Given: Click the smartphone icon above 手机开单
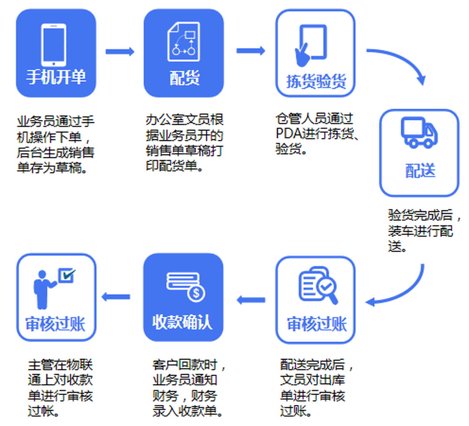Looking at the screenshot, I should click(x=54, y=45).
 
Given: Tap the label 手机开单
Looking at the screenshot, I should click(x=56, y=77).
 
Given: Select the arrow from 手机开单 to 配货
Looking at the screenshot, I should click(x=119, y=51).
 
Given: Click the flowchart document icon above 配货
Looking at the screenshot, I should click(x=184, y=42).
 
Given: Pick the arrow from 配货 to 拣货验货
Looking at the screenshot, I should click(x=250, y=51).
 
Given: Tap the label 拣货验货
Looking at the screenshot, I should click(x=316, y=81).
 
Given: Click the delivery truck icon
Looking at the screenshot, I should click(x=419, y=133).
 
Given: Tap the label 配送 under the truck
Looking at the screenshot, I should click(x=420, y=171).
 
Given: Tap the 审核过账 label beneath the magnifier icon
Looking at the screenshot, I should click(x=316, y=324).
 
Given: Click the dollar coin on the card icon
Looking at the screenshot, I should click(x=196, y=293).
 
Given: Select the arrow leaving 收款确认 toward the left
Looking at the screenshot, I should click(x=116, y=297).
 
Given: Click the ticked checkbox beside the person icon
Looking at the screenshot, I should click(x=66, y=275).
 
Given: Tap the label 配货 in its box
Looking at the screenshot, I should click(x=184, y=78).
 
